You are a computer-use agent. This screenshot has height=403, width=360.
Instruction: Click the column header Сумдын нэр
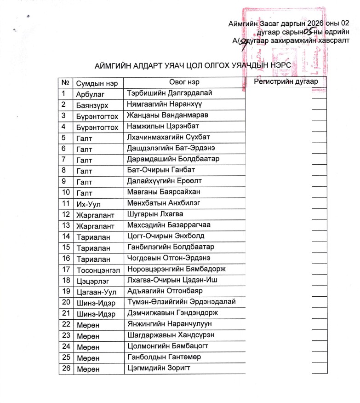click(94, 83)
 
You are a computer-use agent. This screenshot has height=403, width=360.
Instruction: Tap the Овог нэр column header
click(184, 82)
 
